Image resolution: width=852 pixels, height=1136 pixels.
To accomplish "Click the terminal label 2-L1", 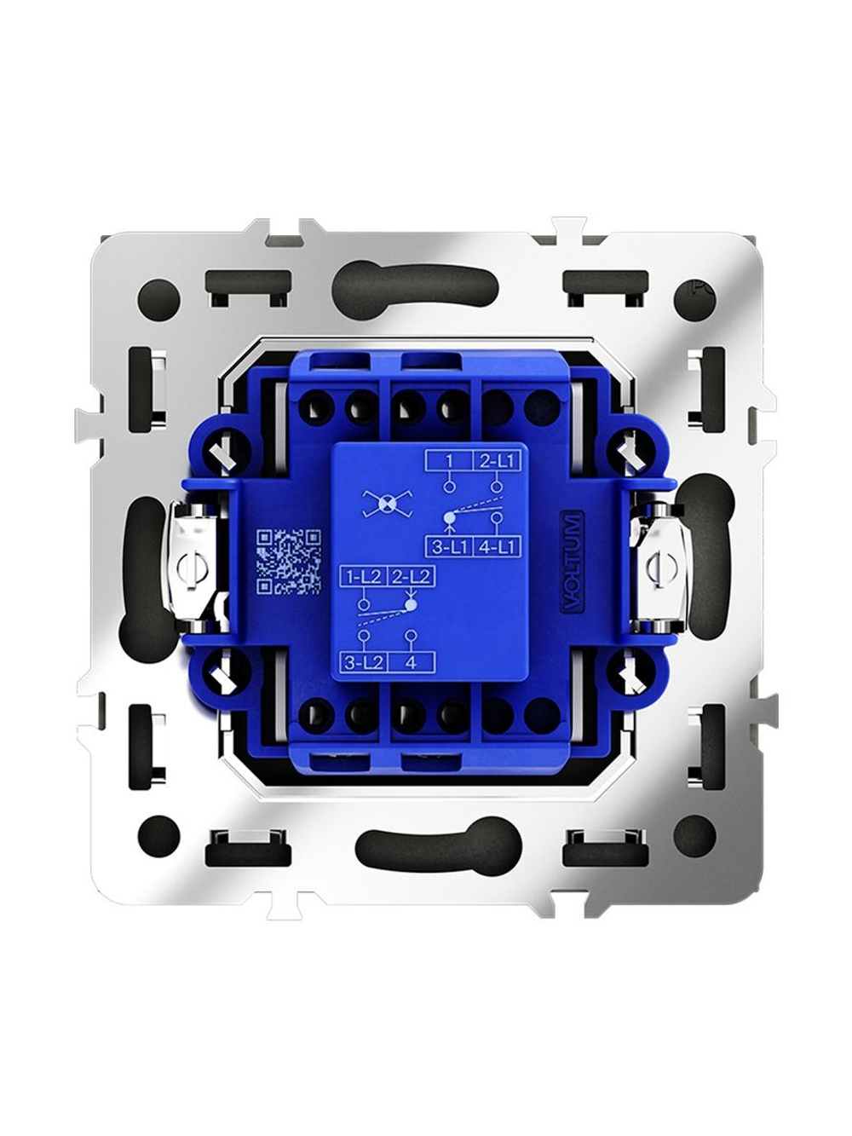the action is coord(497,460).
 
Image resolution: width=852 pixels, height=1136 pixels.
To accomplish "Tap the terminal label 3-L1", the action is coord(448,546).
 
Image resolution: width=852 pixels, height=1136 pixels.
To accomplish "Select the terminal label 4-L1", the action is coord(496,546).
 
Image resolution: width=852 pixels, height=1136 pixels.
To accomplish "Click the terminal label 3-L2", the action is coord(363,663).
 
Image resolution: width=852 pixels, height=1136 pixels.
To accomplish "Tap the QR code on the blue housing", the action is coord(289,561).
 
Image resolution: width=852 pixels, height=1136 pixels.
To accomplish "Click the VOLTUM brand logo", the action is coord(573,563).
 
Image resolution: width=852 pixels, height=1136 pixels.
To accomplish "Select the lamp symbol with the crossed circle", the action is coord(386,503).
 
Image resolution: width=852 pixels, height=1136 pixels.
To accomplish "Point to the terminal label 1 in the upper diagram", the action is coord(449,460).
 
